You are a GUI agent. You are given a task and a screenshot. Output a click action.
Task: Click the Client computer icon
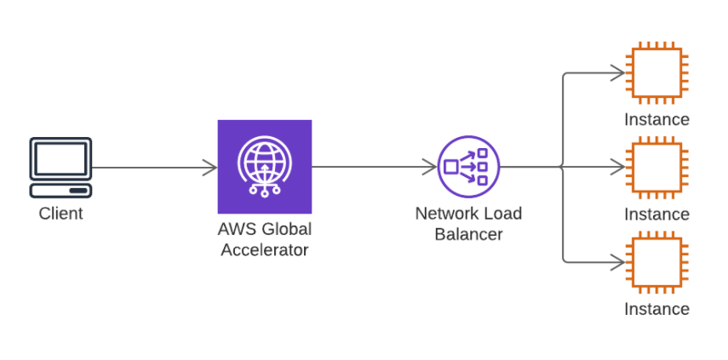point(60,167)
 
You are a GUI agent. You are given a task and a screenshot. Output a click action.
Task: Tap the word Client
point(60,214)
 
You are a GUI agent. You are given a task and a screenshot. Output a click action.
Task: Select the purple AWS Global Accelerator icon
point(264,167)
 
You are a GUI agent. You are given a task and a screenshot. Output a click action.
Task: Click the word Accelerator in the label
point(264,249)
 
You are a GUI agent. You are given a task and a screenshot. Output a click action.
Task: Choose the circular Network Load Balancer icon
point(467,167)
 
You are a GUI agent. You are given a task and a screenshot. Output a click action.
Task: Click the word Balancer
point(468,234)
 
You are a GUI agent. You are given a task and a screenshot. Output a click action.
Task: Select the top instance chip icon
point(656,73)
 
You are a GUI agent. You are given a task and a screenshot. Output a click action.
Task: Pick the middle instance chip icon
point(656,167)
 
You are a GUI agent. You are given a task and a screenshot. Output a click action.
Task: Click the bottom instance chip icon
point(656,261)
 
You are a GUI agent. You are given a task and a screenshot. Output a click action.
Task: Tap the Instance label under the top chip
point(656,119)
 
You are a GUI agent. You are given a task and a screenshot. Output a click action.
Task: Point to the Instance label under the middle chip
point(656,214)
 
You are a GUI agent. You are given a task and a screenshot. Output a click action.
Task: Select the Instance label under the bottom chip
point(656,308)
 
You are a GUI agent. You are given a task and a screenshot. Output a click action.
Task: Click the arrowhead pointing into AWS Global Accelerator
point(209,167)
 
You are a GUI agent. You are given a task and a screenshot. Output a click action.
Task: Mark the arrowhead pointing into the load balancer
point(429,167)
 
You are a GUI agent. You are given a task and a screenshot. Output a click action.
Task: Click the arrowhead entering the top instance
point(617,73)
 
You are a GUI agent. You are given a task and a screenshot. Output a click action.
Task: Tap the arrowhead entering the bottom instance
point(617,261)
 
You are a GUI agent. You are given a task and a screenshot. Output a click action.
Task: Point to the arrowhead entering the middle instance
point(617,167)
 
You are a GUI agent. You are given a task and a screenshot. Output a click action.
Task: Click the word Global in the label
point(287,229)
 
